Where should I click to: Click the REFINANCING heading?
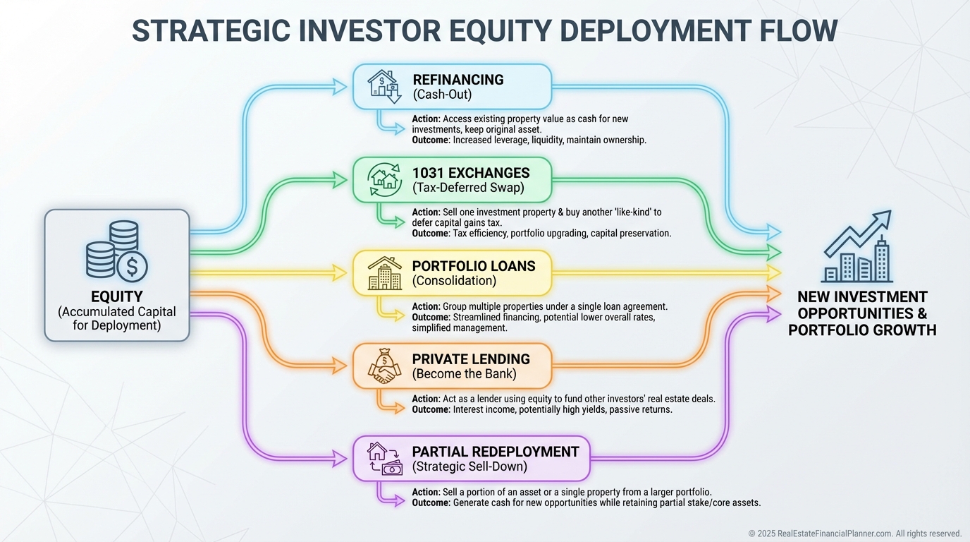[x=458, y=80]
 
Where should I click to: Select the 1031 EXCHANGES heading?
[x=471, y=173]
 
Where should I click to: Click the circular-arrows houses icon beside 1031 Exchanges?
[x=384, y=179]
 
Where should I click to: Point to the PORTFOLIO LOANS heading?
[x=474, y=266]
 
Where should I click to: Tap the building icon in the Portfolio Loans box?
[x=384, y=273]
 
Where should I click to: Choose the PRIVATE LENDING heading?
[x=471, y=359]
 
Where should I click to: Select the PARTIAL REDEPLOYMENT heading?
[x=496, y=452]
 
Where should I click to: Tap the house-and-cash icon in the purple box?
[x=385, y=459]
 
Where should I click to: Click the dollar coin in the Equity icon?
[x=132, y=266]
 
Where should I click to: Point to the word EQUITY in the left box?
[x=117, y=296]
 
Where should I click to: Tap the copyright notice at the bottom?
[x=855, y=534]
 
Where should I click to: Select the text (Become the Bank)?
[x=465, y=374]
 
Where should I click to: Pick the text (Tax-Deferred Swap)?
[x=468, y=188]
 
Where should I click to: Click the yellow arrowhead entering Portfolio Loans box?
[x=340, y=273]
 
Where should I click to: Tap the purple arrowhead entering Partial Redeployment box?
[x=340, y=459]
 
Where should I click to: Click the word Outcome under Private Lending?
[x=431, y=410]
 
